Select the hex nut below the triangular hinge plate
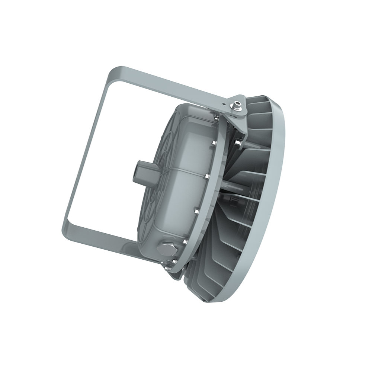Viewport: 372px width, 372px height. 237,142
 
